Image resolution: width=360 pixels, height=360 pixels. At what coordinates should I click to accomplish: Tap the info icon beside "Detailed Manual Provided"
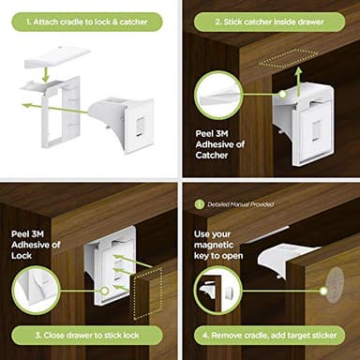198,203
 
